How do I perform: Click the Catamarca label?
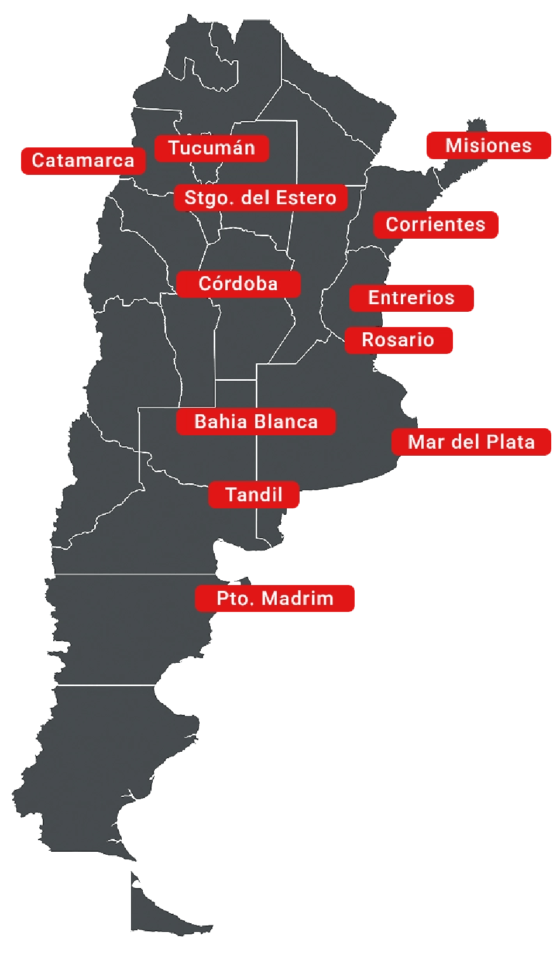point(83,160)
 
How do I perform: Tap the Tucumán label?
point(212,148)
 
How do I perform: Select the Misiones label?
point(489,146)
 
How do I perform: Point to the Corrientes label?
point(436,225)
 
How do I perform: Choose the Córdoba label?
point(238,284)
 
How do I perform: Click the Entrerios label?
point(411,298)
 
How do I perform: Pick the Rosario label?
point(398,340)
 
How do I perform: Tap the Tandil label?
point(254,495)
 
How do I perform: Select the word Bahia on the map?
point(215,422)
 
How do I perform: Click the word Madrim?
point(298,598)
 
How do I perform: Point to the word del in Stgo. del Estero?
point(255,198)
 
